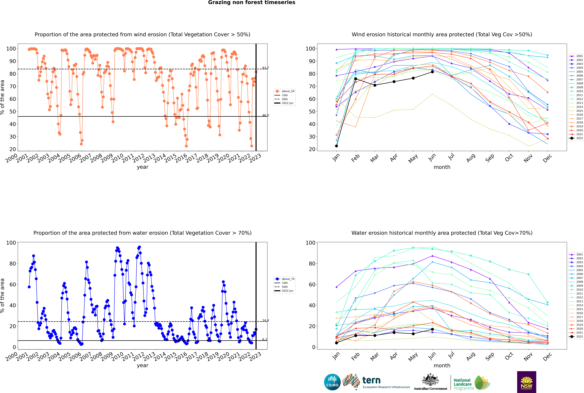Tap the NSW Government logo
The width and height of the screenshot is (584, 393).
tap(526, 382)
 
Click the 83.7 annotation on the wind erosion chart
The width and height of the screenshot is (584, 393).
tap(265, 68)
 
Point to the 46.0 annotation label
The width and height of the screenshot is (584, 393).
tap(265, 115)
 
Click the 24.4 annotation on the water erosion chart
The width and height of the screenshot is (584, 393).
tap(265, 321)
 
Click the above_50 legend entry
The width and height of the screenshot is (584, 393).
tap(284, 91)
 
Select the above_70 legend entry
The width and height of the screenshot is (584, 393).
tap(284, 279)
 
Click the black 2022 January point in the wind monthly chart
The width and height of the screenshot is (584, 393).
tap(336, 146)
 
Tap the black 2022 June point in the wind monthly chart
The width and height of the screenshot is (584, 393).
tap(432, 72)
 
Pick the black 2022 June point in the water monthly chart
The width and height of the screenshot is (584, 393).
tap(432, 329)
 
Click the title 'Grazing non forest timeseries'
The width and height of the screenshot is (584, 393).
tap(252, 2)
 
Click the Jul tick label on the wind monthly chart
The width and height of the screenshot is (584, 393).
tap(451, 157)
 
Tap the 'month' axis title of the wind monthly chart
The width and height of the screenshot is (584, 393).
tap(442, 167)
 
